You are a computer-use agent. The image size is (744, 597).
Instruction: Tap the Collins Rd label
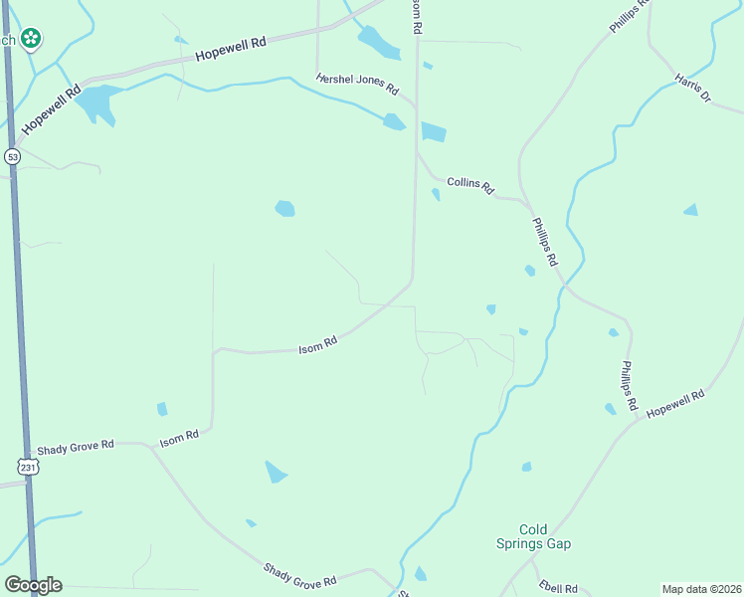coord(470,183)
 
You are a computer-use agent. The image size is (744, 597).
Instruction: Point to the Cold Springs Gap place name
coord(533,536)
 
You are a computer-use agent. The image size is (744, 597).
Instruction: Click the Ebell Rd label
coord(558,587)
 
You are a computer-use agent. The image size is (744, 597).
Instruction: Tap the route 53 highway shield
coord(12,156)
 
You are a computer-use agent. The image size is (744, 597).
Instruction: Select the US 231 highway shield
coord(28,466)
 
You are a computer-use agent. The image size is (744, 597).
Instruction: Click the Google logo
coord(33,585)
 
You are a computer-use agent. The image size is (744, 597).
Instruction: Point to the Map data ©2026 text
coord(702,589)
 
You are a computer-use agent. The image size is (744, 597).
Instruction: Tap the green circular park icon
coord(32,39)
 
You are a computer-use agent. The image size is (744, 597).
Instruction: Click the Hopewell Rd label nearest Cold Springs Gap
coord(675,404)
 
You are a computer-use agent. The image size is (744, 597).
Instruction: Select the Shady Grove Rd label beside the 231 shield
coord(76,447)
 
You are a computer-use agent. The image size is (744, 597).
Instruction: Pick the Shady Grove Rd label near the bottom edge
coord(300,573)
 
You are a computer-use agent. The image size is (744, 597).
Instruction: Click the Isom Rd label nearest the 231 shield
coord(180,437)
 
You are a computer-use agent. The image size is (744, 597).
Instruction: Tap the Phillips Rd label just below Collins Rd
coord(544,245)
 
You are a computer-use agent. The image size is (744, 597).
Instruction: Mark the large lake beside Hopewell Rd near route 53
coord(96,101)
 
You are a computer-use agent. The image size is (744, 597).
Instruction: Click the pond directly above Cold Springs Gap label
coord(526,467)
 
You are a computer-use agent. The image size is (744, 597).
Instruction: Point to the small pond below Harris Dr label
coord(691,210)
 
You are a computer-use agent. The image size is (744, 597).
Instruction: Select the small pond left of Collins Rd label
coord(436,194)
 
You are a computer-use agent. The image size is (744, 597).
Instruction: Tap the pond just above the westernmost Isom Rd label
coord(162,409)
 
